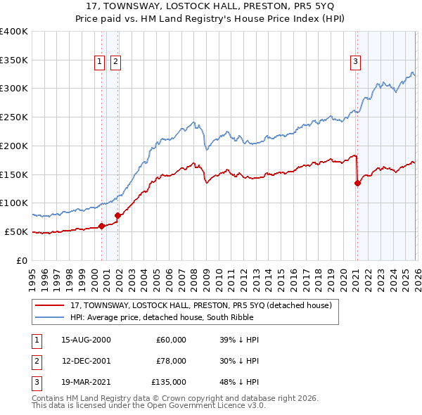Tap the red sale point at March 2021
pyautogui.click(x=357, y=184)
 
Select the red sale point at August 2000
pyautogui.click(x=101, y=226)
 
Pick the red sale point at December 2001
pyautogui.click(x=117, y=216)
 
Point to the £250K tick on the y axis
pyautogui.click(x=14, y=117)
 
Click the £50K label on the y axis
pyautogui.click(x=16, y=231)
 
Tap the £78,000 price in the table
pyautogui.click(x=171, y=361)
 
